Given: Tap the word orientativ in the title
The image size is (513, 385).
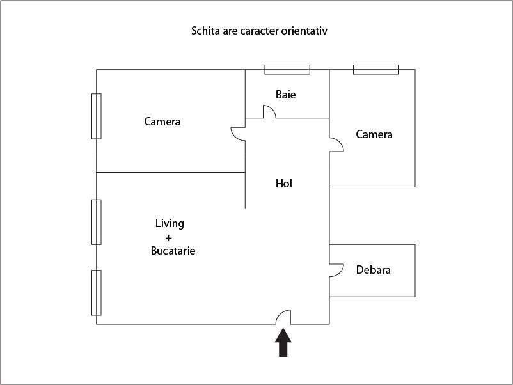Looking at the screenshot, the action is (304, 31).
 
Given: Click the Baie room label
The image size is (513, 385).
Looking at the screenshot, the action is (286, 95).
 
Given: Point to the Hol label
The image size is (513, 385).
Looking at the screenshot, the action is (283, 184).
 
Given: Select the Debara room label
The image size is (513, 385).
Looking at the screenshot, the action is (374, 270).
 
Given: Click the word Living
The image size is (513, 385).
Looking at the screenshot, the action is (170, 224).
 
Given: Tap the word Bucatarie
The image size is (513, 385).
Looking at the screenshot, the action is (173, 251).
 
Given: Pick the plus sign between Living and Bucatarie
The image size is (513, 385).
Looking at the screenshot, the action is (168, 238).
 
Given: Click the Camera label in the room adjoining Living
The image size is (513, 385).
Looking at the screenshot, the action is (162, 122).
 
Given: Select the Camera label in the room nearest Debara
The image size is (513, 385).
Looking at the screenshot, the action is (374, 134).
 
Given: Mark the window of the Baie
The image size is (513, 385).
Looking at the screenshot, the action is (287, 70).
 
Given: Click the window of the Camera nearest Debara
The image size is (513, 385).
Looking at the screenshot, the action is (376, 70).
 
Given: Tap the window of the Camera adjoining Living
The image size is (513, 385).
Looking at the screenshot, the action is (96, 116).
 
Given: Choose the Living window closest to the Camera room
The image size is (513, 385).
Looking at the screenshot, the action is (96, 222).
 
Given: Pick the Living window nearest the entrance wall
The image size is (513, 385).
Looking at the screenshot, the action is (96, 293).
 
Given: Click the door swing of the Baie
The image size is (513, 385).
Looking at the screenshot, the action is (269, 111).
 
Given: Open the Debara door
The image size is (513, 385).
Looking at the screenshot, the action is (336, 271).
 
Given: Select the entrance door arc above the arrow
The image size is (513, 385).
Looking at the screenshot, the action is (283, 317).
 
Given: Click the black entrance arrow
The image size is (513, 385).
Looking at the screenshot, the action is (283, 343).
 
